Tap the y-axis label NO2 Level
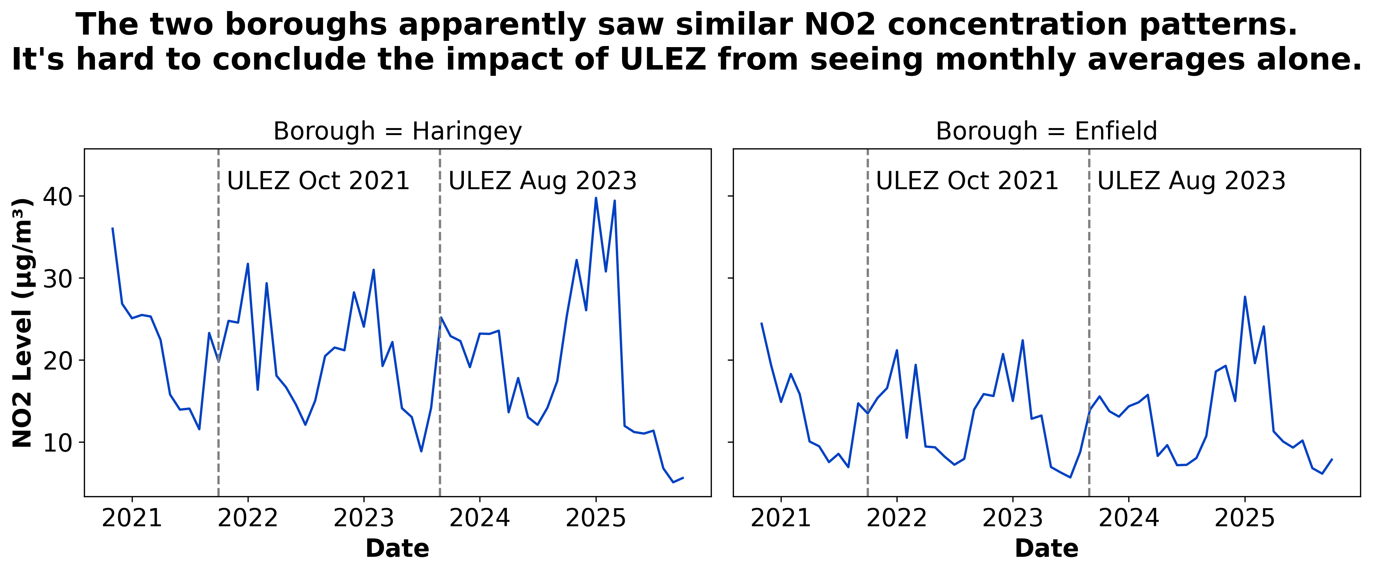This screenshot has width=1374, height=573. [23, 323]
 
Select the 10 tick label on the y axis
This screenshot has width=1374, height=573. [57, 443]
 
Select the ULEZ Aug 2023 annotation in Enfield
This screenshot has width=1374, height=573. [1192, 181]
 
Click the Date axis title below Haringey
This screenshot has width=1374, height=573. [397, 548]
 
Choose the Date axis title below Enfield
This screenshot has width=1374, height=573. [1047, 548]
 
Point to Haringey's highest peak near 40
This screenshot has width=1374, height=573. [596, 198]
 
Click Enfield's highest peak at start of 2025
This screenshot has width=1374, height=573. [1245, 297]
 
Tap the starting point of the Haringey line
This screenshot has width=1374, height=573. [113, 228]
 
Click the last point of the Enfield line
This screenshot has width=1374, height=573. [1332, 459]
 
